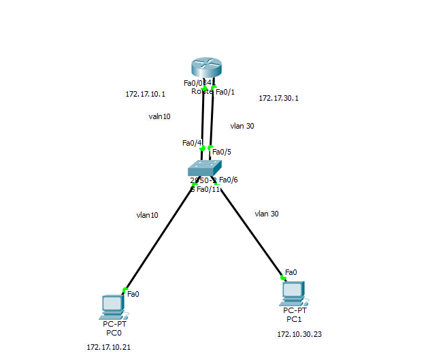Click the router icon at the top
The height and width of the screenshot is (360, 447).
pyautogui.click(x=206, y=69)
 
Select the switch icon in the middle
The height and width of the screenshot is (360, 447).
pyautogui.click(x=205, y=167)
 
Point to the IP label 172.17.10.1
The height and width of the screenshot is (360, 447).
pyautogui.click(x=145, y=94)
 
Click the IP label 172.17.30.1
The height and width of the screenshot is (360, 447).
pyautogui.click(x=278, y=98)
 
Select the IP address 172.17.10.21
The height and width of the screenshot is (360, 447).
pyautogui.click(x=108, y=347)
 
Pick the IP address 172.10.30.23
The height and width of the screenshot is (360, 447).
pyautogui.click(x=299, y=334)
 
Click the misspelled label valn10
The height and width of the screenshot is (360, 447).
pyautogui.click(x=159, y=116)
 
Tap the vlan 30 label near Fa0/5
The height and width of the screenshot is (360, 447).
pyautogui.click(x=242, y=126)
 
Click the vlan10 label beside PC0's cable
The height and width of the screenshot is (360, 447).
pyautogui.click(x=147, y=215)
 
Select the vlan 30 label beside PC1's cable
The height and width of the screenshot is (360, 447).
pyautogui.click(x=267, y=214)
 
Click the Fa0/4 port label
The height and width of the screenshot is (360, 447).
pyautogui.click(x=191, y=143)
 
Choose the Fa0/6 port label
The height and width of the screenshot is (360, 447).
pyautogui.click(x=229, y=180)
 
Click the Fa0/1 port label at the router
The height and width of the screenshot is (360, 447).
pyautogui.click(x=225, y=91)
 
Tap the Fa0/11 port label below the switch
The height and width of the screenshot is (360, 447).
pyautogui.click(x=208, y=189)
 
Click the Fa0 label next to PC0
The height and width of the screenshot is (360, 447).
pyautogui.click(x=133, y=294)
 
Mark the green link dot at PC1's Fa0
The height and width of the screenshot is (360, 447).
pyautogui.click(x=282, y=277)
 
